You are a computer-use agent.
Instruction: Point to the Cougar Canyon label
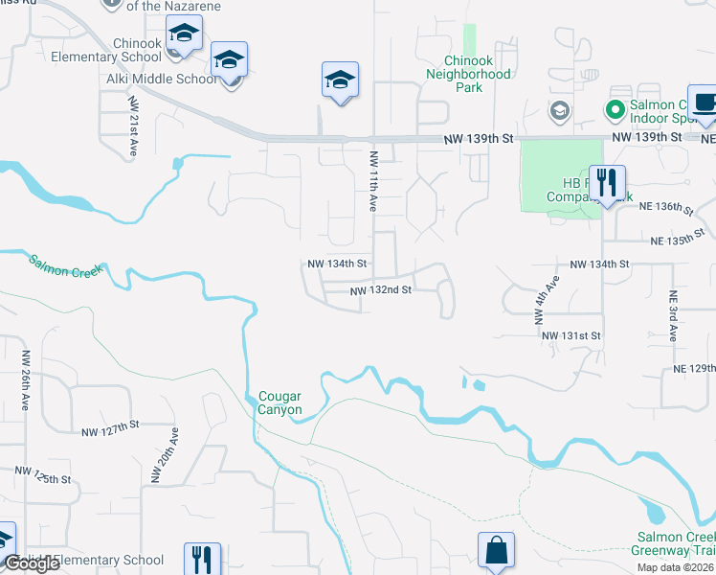(280, 403)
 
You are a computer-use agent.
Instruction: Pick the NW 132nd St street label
(380, 290)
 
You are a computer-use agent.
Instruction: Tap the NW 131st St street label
(571, 336)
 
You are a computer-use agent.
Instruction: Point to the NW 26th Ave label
(25, 373)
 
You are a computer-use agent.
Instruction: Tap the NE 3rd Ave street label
(673, 317)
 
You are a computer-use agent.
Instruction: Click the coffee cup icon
(705, 103)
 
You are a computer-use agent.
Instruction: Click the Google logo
(32, 564)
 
